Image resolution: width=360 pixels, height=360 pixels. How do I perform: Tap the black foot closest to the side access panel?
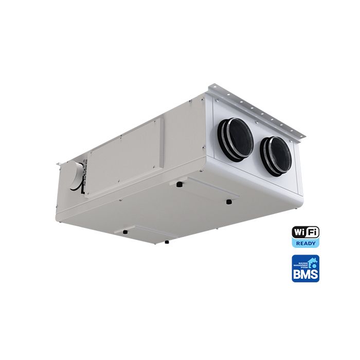[179, 184]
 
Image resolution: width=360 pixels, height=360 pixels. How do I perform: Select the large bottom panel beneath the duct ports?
[216, 193]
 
